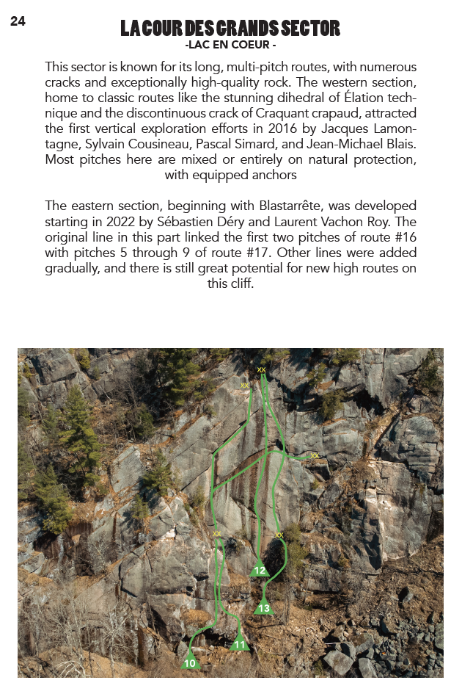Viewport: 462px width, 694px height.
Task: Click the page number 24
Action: (18, 22)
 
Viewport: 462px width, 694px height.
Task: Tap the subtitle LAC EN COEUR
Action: (231, 46)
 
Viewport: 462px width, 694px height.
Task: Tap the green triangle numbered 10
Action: (191, 662)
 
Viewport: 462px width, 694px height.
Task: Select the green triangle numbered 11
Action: (240, 644)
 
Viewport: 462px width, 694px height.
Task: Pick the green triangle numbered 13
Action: (264, 607)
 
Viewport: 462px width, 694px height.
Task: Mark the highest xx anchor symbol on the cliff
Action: (261, 370)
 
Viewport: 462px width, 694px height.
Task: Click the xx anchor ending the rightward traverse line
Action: (315, 456)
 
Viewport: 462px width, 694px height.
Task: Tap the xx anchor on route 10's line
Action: (217, 534)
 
